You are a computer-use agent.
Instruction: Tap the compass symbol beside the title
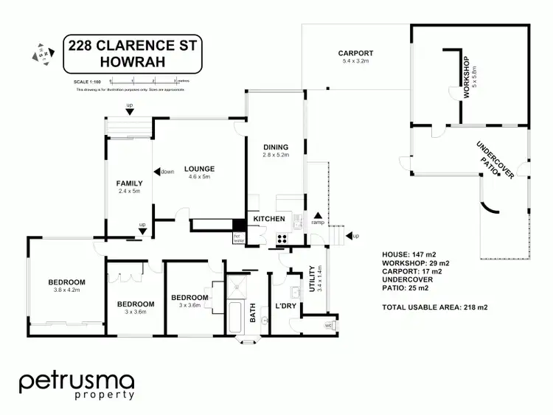click(44, 54)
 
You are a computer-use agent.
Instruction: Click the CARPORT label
click(355, 53)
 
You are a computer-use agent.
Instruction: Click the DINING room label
click(276, 147)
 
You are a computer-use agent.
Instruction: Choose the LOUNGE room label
click(199, 169)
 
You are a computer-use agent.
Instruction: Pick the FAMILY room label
click(129, 184)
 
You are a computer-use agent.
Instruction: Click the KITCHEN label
click(268, 220)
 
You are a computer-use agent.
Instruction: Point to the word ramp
click(318, 222)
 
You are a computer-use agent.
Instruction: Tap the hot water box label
click(238, 239)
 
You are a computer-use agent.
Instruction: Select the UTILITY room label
click(312, 279)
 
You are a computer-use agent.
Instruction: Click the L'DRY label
click(285, 305)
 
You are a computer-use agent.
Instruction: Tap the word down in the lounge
click(166, 172)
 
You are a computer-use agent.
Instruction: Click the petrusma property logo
click(77, 385)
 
